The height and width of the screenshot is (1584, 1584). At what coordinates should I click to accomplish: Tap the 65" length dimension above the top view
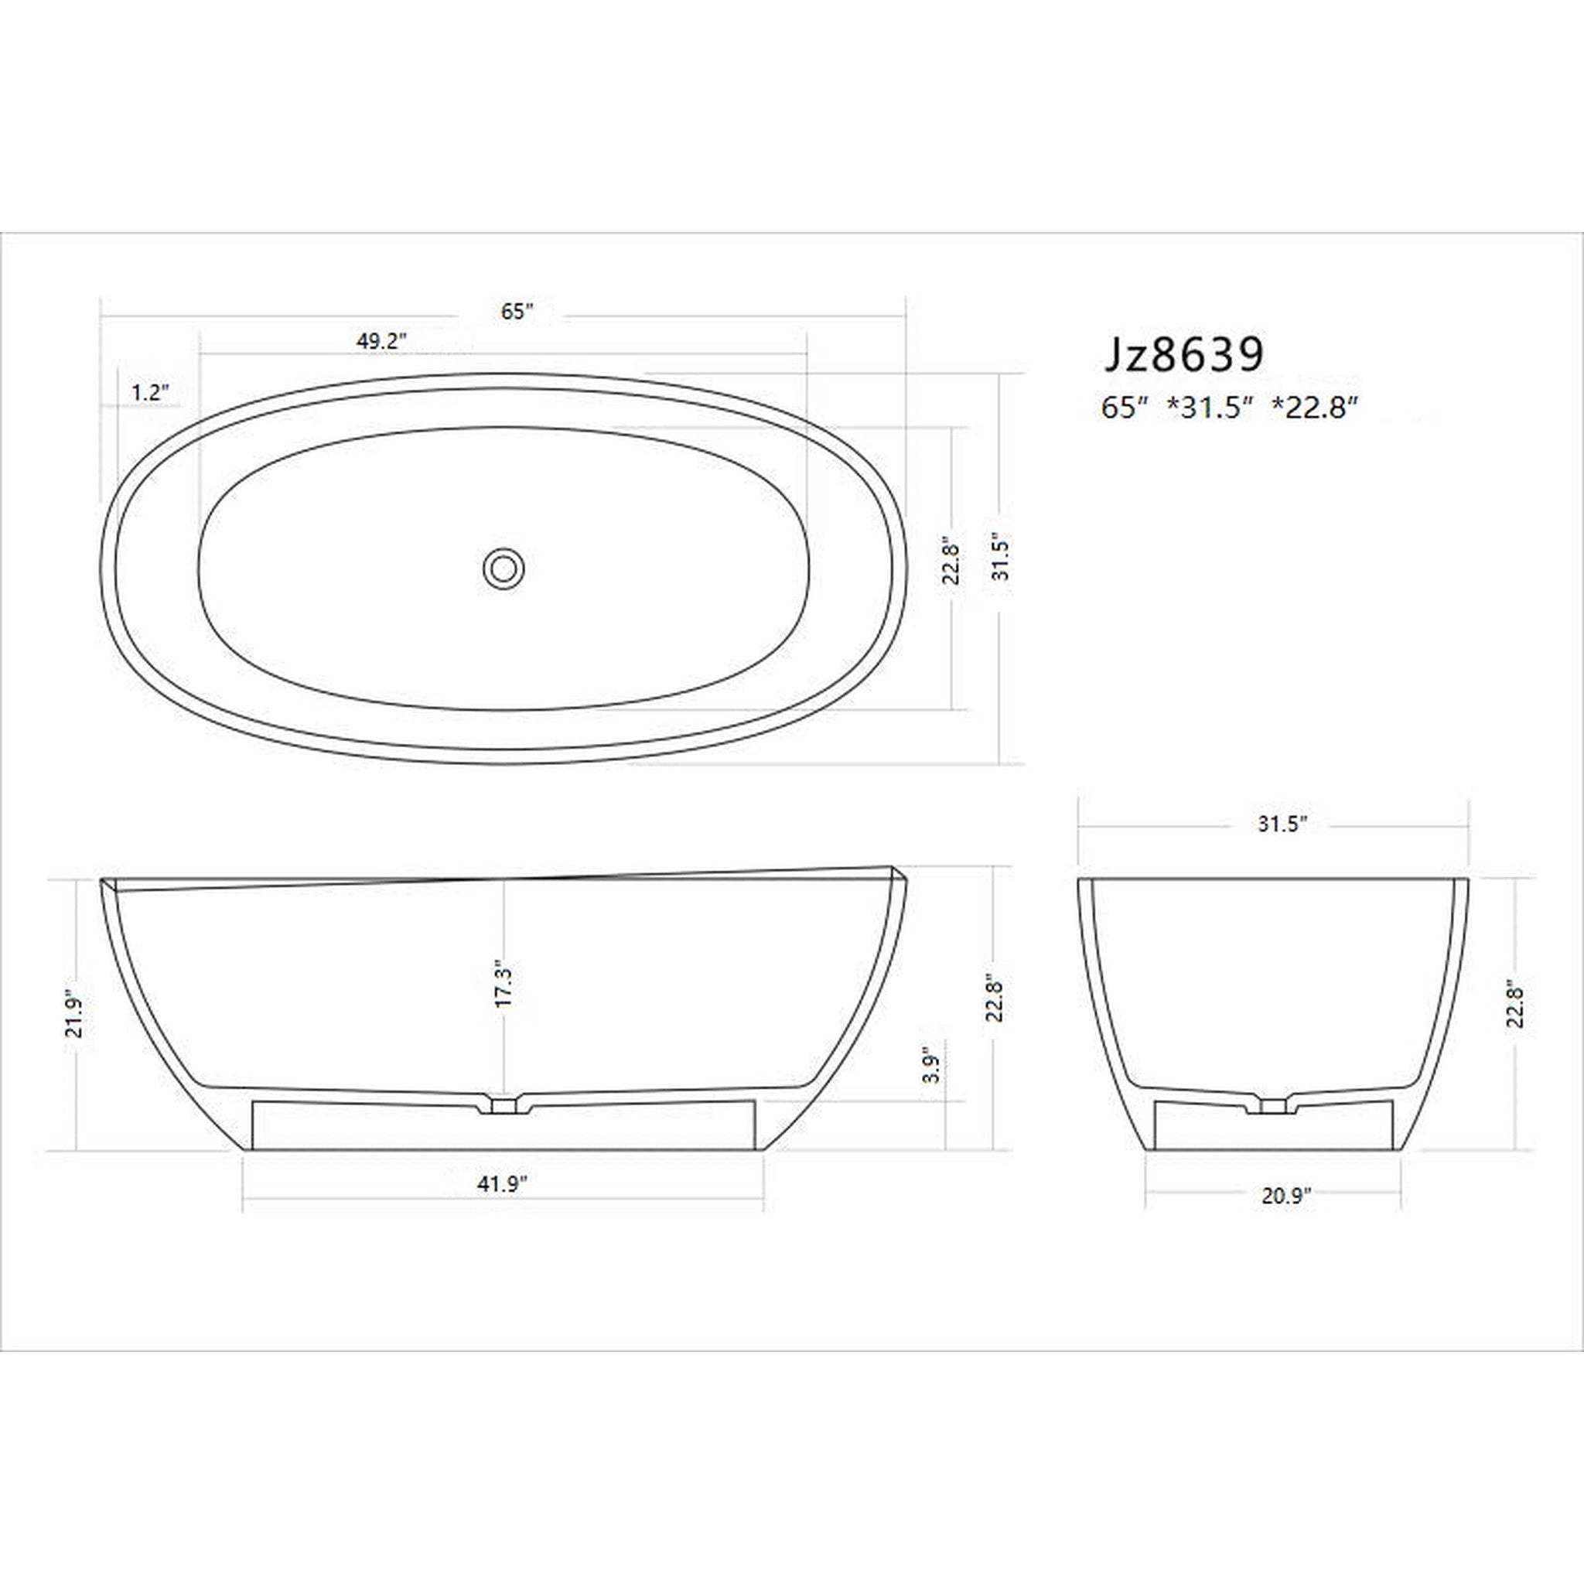tap(517, 312)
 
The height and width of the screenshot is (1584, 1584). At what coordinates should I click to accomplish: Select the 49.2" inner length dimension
tap(381, 341)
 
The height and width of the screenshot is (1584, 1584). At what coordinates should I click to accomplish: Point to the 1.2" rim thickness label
tap(151, 393)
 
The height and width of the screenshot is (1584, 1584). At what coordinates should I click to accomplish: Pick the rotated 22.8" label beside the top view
tap(951, 561)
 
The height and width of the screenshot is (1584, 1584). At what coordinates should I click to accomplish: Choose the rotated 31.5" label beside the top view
tap(1001, 558)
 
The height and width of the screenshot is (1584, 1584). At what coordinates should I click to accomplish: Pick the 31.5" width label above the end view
tap(1282, 824)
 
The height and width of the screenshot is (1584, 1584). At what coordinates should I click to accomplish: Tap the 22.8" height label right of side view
tap(995, 998)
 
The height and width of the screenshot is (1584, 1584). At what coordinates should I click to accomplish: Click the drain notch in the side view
tap(503, 1104)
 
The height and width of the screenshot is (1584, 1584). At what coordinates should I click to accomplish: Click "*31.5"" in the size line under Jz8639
tap(1211, 408)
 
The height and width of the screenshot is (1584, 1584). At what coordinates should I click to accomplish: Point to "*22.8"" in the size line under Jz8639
tap(1314, 408)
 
